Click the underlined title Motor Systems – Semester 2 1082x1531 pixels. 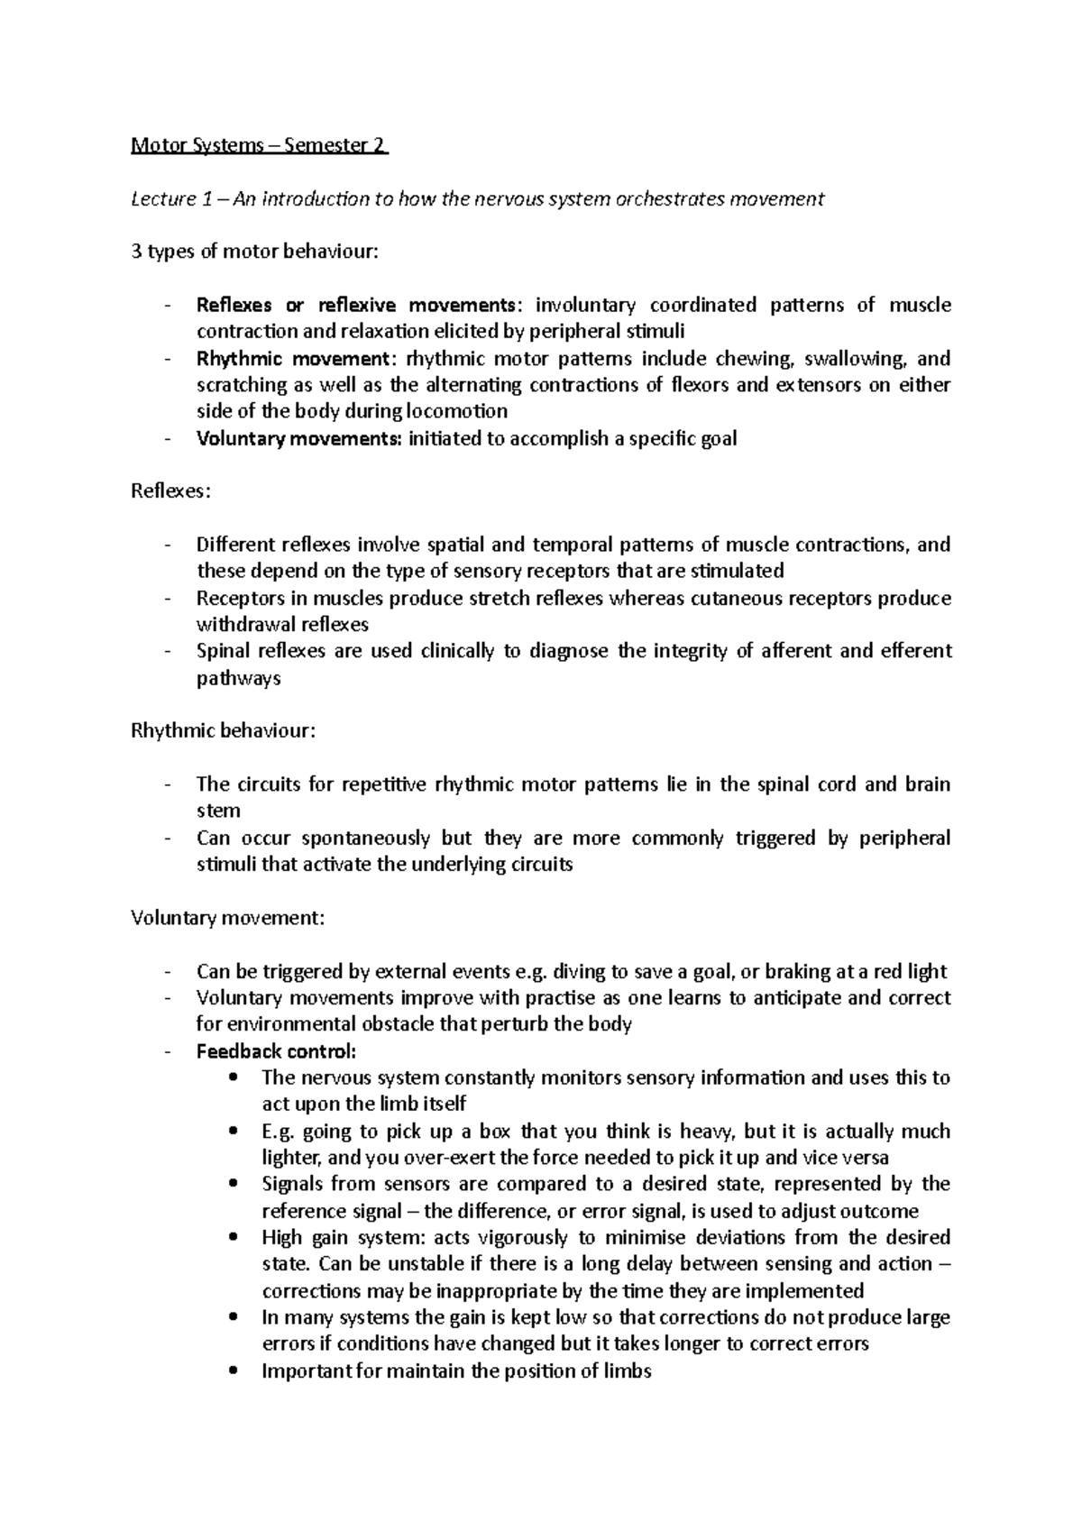[x=259, y=145]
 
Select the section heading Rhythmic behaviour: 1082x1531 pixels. [x=224, y=731]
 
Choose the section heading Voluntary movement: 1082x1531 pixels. [x=227, y=919]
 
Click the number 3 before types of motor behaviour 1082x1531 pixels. [x=136, y=252]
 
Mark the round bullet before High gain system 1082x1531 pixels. [x=234, y=1237]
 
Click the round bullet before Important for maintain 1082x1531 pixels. [x=234, y=1371]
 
